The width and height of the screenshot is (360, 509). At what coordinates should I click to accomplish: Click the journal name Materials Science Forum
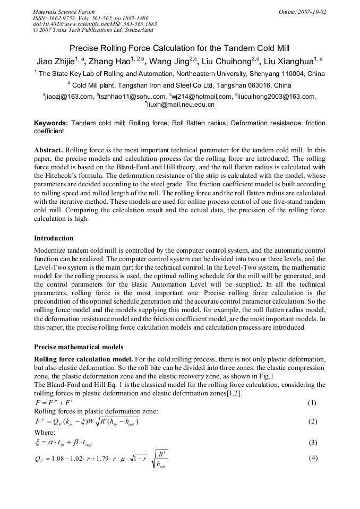click(64, 12)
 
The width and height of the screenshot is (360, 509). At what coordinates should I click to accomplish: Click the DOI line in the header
click(95, 24)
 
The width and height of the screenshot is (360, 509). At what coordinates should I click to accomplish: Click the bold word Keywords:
click(51, 123)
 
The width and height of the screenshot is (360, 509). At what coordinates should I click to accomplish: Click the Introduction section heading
click(54, 238)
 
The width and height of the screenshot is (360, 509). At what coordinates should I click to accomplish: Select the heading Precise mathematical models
click(79, 347)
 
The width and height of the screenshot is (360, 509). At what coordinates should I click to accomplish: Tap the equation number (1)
click(312, 403)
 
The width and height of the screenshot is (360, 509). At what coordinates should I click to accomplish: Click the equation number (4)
click(312, 457)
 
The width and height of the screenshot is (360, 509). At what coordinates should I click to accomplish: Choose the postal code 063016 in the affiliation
click(276, 85)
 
